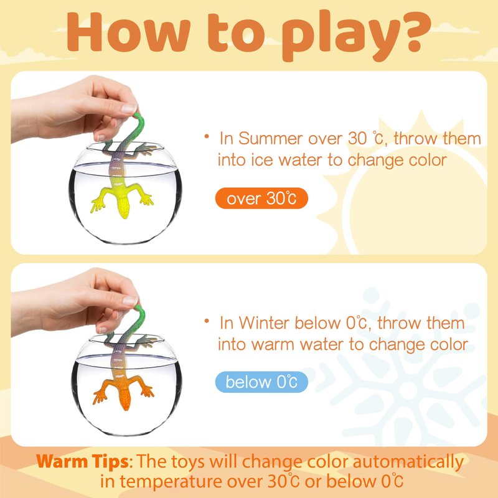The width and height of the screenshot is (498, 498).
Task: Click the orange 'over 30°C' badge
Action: click(x=261, y=198)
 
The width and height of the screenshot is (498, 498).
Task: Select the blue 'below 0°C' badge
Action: click(x=261, y=382)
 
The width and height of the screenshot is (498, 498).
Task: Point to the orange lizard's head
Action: click(x=125, y=400)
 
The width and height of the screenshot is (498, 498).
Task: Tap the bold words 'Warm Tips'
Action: click(x=82, y=462)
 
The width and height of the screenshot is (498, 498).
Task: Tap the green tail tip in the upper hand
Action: click(x=137, y=115)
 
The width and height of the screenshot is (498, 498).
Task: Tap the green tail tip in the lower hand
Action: click(x=138, y=308)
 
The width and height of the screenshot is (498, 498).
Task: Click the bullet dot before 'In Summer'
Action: click(x=207, y=136)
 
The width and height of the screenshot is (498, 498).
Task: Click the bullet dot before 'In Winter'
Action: click(x=207, y=321)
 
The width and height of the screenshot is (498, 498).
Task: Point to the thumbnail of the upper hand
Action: click(x=129, y=108)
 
